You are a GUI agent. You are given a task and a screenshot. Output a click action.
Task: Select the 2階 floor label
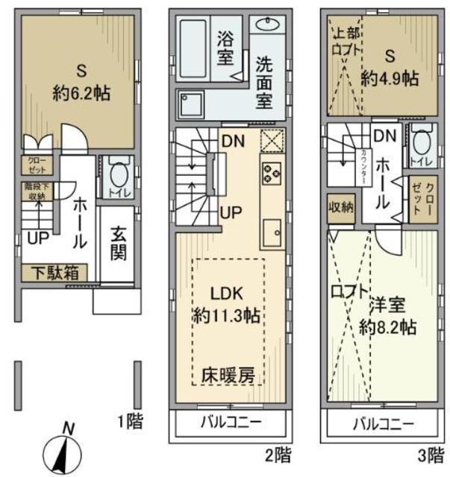278,452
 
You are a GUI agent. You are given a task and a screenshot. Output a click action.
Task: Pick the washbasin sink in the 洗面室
270,25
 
